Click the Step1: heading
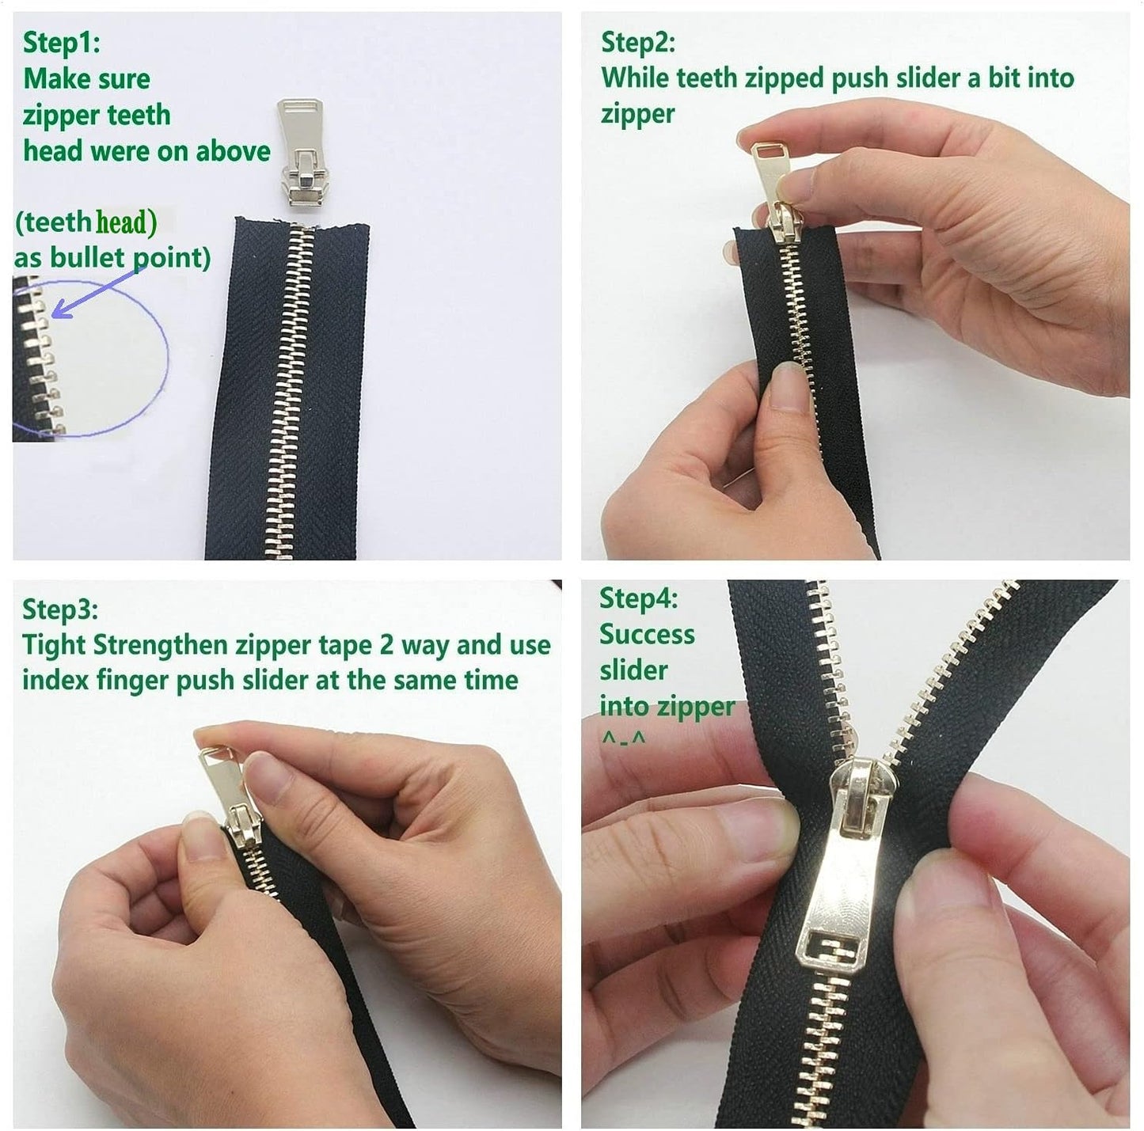tap(62, 43)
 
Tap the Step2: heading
tap(638, 42)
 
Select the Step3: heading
tap(60, 609)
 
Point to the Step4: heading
tap(638, 598)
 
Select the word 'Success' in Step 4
tap(647, 635)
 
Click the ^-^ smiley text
tap(623, 738)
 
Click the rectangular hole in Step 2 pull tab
tap(765, 150)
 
